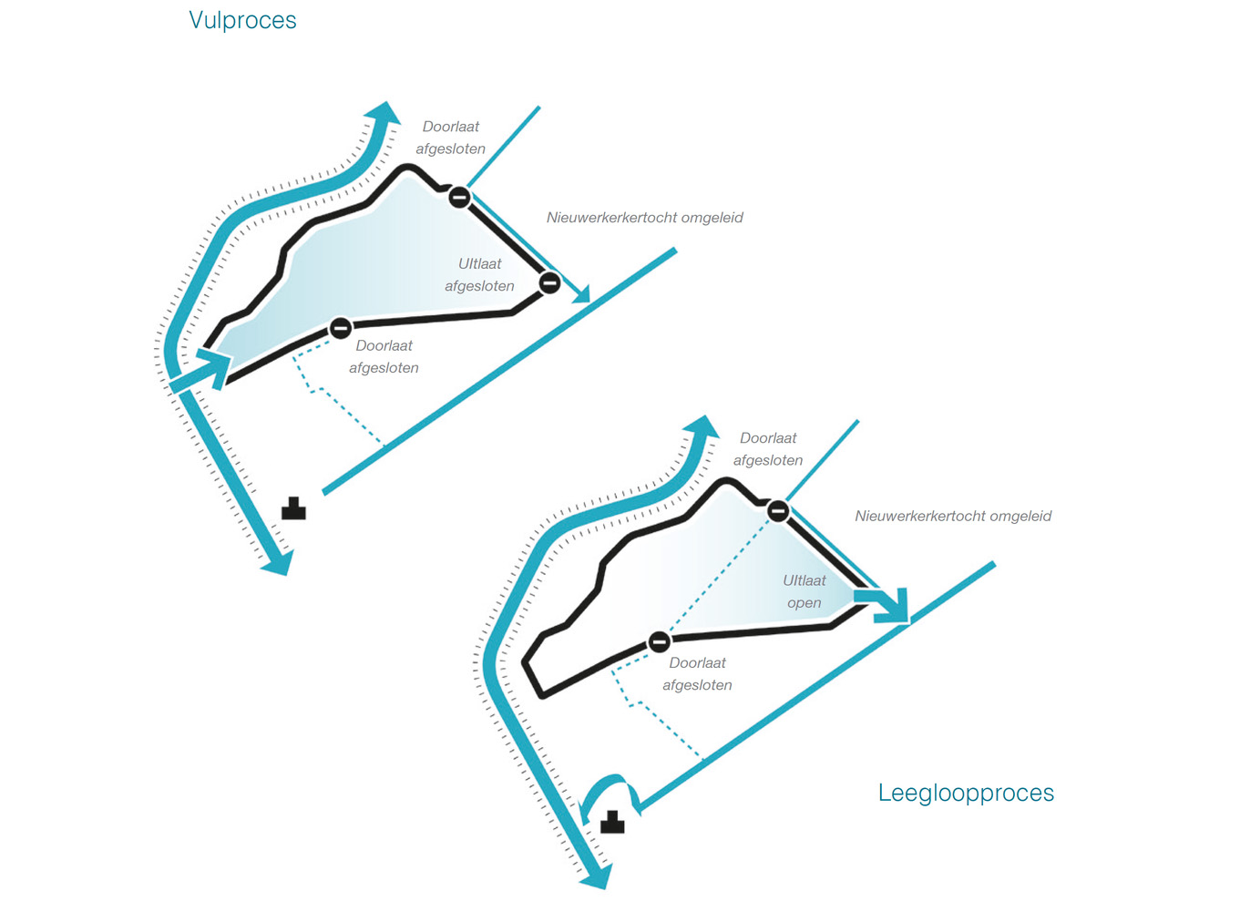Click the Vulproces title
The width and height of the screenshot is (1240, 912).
pyautogui.click(x=242, y=20)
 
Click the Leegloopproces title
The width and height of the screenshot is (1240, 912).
pyautogui.click(x=966, y=793)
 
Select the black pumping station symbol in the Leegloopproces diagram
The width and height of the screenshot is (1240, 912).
pyautogui.click(x=612, y=823)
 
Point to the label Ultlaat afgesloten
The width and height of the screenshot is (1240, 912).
pyautogui.click(x=479, y=274)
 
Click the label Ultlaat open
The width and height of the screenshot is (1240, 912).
pyautogui.click(x=804, y=591)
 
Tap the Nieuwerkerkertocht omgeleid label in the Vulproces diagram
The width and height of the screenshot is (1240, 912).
pyautogui.click(x=644, y=218)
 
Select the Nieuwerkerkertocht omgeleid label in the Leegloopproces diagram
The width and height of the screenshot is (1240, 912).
pyautogui.click(x=953, y=516)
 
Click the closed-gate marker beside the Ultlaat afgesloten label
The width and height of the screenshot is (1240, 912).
pyautogui.click(x=549, y=282)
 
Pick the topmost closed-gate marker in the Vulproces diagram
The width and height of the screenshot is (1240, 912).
pyautogui.click(x=460, y=197)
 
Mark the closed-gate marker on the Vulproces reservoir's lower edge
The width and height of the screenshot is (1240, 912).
pyautogui.click(x=341, y=328)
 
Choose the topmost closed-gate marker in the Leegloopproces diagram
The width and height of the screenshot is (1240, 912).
pyautogui.click(x=778, y=511)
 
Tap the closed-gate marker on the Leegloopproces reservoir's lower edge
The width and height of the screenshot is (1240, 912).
pyautogui.click(x=660, y=642)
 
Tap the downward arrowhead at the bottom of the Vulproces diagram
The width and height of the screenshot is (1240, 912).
pyautogui.click(x=277, y=562)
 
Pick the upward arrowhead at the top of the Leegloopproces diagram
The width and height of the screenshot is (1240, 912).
pyautogui.click(x=703, y=428)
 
